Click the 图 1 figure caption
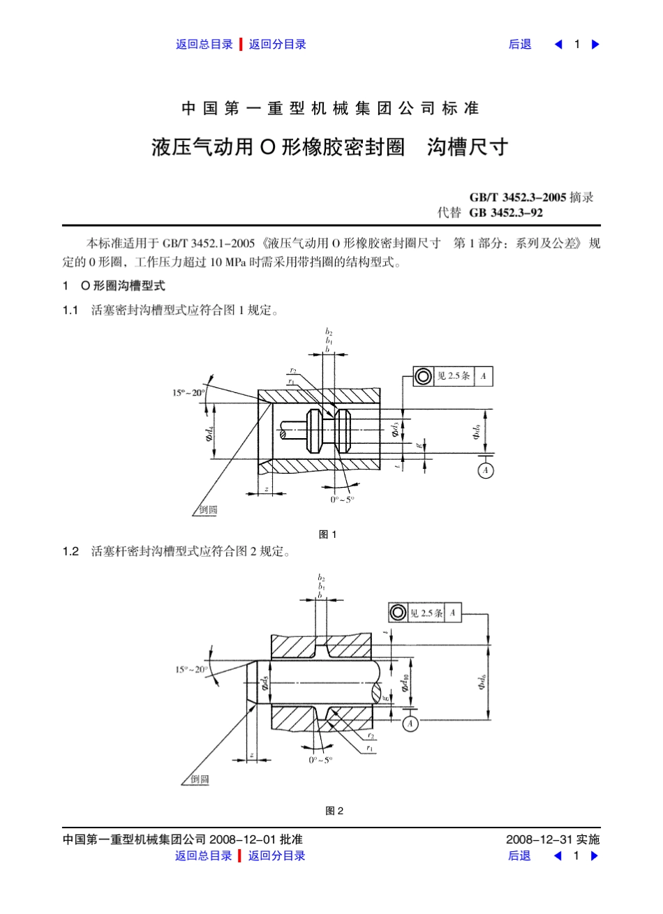(327, 534)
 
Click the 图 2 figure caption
(334, 811)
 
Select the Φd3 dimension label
(395, 429)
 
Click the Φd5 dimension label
(265, 684)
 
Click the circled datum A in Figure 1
(486, 470)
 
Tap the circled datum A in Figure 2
(410, 724)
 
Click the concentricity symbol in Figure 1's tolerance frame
(423, 377)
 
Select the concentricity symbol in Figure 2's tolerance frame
(397, 613)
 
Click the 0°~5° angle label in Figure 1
(342, 500)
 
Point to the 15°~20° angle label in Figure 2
(191, 670)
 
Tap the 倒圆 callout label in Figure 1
(208, 510)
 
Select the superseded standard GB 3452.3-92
(506, 213)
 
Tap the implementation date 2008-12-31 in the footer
(539, 839)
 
